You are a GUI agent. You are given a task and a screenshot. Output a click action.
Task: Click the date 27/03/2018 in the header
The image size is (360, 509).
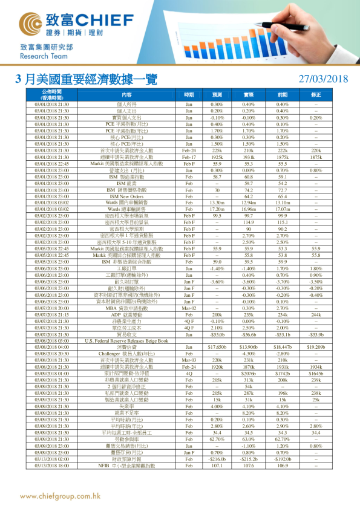coord(324,79)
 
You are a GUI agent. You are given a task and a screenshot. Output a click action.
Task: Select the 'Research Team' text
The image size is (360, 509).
coord(39,56)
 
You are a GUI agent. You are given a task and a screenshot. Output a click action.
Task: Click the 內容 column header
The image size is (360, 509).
coord(126,95)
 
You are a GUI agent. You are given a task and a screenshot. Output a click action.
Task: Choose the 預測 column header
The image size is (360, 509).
coord(217,95)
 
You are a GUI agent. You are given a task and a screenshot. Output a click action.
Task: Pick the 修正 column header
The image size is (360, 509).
coord(316,95)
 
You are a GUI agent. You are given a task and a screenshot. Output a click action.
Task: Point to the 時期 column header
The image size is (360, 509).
coord(189,95)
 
